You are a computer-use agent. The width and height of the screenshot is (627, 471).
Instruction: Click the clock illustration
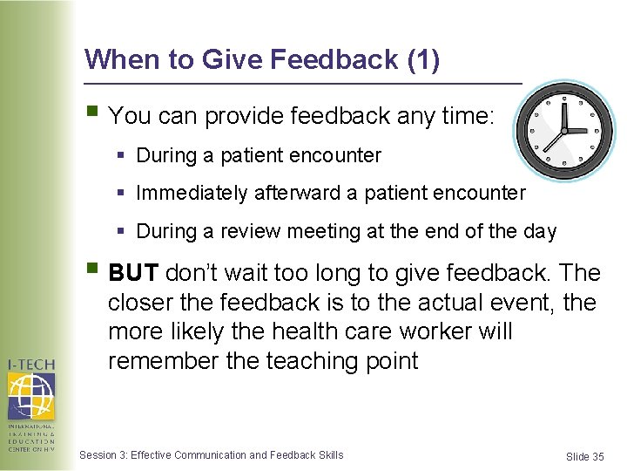point(564,131)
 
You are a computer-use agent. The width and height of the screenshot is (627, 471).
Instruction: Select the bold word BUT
point(133,273)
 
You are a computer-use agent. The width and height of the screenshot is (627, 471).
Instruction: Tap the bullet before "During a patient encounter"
point(121,155)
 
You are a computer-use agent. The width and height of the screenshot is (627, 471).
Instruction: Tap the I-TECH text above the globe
point(31,364)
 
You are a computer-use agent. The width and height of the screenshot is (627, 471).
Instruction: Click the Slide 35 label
point(584,456)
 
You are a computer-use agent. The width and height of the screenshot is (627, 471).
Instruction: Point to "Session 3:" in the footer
point(103,454)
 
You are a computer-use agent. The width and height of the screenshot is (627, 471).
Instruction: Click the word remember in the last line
point(163,360)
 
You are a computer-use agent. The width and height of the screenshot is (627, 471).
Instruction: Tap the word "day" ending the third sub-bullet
point(540,231)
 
